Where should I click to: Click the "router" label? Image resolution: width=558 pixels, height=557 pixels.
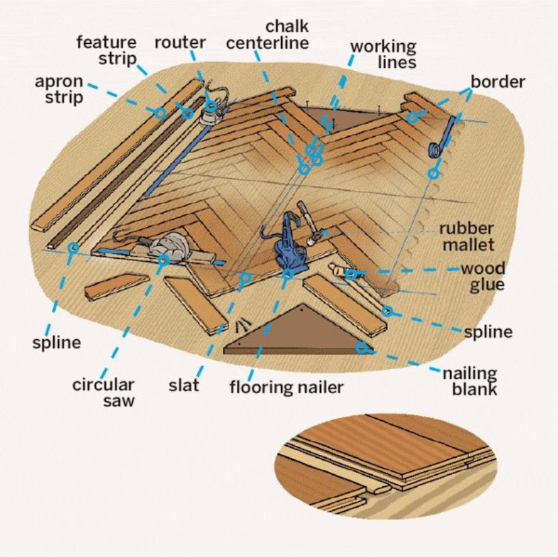[180, 42]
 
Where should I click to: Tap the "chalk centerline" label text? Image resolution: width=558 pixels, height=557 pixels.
[267, 34]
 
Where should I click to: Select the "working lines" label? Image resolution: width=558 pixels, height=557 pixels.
[383, 55]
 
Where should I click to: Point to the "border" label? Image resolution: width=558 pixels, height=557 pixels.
[497, 82]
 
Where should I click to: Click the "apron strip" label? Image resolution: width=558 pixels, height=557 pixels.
[59, 89]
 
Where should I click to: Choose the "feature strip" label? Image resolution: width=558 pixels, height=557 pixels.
[107, 50]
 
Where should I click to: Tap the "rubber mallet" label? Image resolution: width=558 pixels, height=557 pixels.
[466, 237]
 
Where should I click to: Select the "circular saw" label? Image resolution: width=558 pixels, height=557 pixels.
[104, 392]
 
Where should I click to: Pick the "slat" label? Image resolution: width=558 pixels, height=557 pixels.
[184, 386]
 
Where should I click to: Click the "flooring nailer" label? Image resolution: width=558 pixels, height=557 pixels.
[286, 387]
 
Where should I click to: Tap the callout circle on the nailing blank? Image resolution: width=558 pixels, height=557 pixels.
[362, 348]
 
